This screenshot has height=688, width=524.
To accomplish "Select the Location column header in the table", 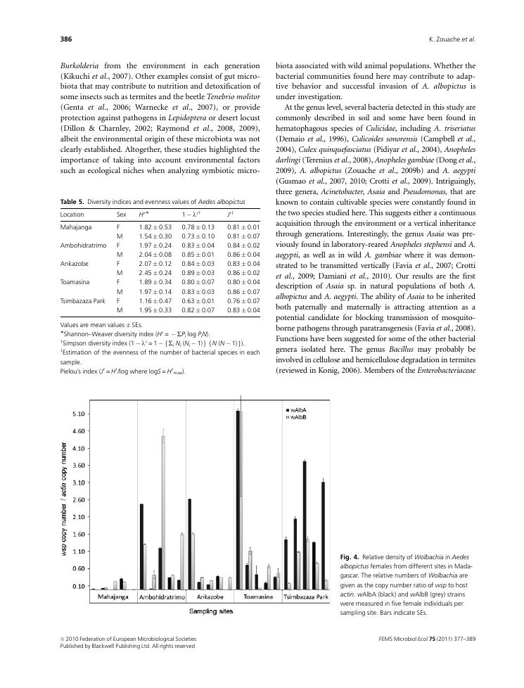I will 72,214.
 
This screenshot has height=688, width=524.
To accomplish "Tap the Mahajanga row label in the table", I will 77,227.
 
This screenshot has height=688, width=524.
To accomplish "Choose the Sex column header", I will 121,214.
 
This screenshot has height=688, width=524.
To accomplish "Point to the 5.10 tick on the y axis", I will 78,414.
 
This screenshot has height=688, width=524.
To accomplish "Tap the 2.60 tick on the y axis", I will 78,499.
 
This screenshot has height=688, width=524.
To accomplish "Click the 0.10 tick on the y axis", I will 78,585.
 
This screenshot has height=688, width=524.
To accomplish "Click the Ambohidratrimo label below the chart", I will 162,597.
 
